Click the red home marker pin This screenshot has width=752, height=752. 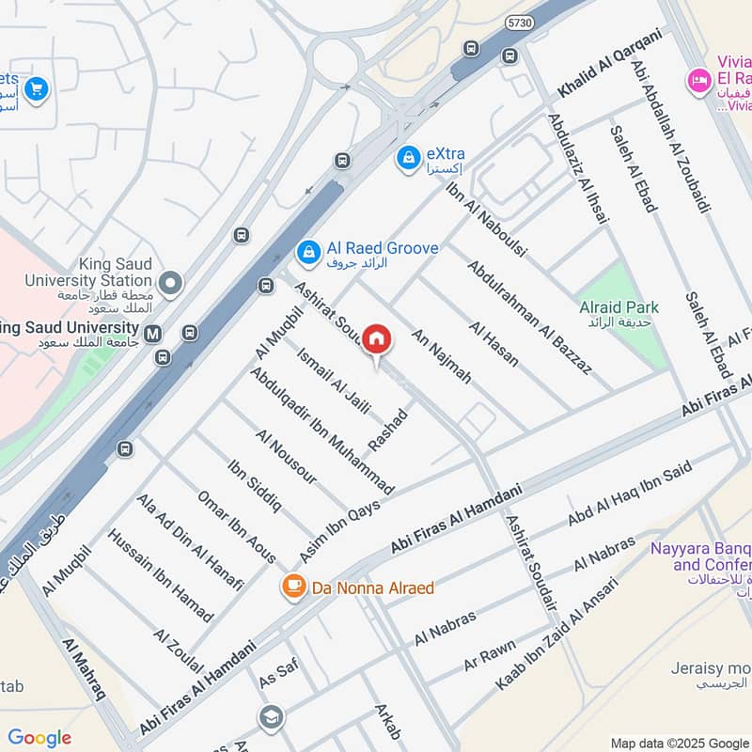pyautogui.click(x=376, y=340)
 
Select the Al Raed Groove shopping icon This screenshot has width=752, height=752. pyautogui.click(x=307, y=251)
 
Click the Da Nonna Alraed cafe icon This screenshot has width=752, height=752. pyautogui.click(x=292, y=587)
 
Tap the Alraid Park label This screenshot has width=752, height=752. pyautogui.click(x=619, y=307)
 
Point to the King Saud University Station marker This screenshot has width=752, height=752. pyautogui.click(x=171, y=280)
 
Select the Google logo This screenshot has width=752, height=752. pyautogui.click(x=39, y=737)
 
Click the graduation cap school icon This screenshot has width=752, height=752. pyautogui.click(x=271, y=718)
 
